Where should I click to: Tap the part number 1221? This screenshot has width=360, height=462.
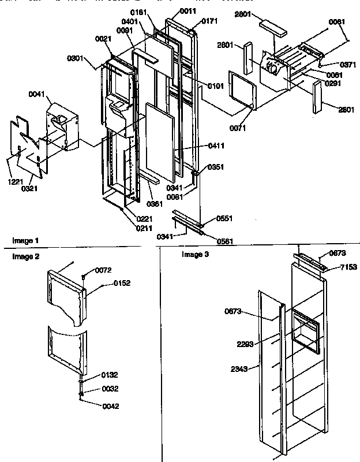pos(15,181)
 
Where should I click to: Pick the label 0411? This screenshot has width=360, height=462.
pos(216,147)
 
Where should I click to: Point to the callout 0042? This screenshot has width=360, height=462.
pos(111,406)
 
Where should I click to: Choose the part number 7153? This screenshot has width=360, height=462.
pos(348,267)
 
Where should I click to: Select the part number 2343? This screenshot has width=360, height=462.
pos(239,368)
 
